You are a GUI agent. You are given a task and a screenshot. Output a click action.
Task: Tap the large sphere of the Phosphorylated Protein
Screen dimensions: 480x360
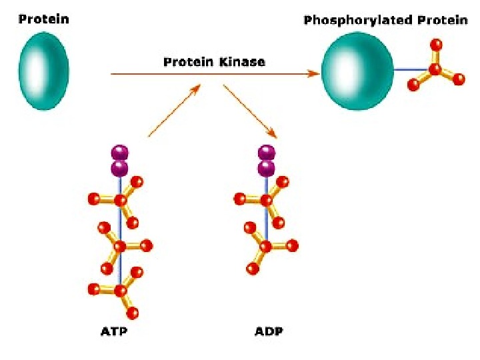tap(357, 71)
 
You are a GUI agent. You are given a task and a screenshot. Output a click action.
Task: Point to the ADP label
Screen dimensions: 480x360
tap(268, 331)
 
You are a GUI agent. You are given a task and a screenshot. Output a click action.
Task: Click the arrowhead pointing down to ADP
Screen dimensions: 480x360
tap(271, 134)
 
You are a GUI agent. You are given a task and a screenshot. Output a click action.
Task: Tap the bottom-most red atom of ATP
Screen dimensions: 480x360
tap(132, 313)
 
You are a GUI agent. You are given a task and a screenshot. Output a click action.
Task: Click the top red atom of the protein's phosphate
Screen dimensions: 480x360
tap(436, 45)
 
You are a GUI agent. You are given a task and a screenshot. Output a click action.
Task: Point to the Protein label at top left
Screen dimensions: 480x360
tap(44, 19)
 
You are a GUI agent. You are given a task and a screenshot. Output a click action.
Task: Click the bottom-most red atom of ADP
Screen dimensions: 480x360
tap(252, 269)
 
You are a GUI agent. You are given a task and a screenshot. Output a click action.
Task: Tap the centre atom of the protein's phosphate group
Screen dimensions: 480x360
tap(435, 69)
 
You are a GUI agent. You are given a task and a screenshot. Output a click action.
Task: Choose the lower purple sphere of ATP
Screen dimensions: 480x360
tap(120, 167)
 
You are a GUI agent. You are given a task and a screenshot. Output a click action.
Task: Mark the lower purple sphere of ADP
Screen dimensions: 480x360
tap(267, 167)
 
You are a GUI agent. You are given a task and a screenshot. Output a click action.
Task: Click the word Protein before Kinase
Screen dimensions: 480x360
tap(189, 62)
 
